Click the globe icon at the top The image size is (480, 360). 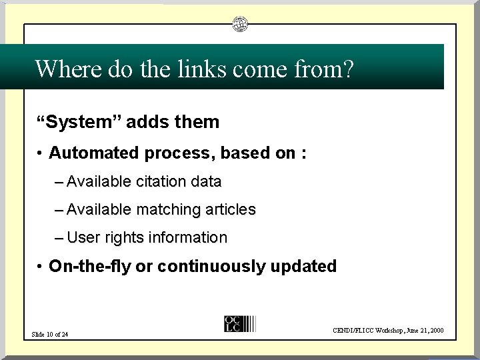coord(240,25)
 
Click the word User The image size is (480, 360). coord(83,237)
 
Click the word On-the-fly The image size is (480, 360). coord(89,267)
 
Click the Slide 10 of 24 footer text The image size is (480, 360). coord(50,334)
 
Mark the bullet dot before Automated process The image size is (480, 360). coord(41,154)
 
